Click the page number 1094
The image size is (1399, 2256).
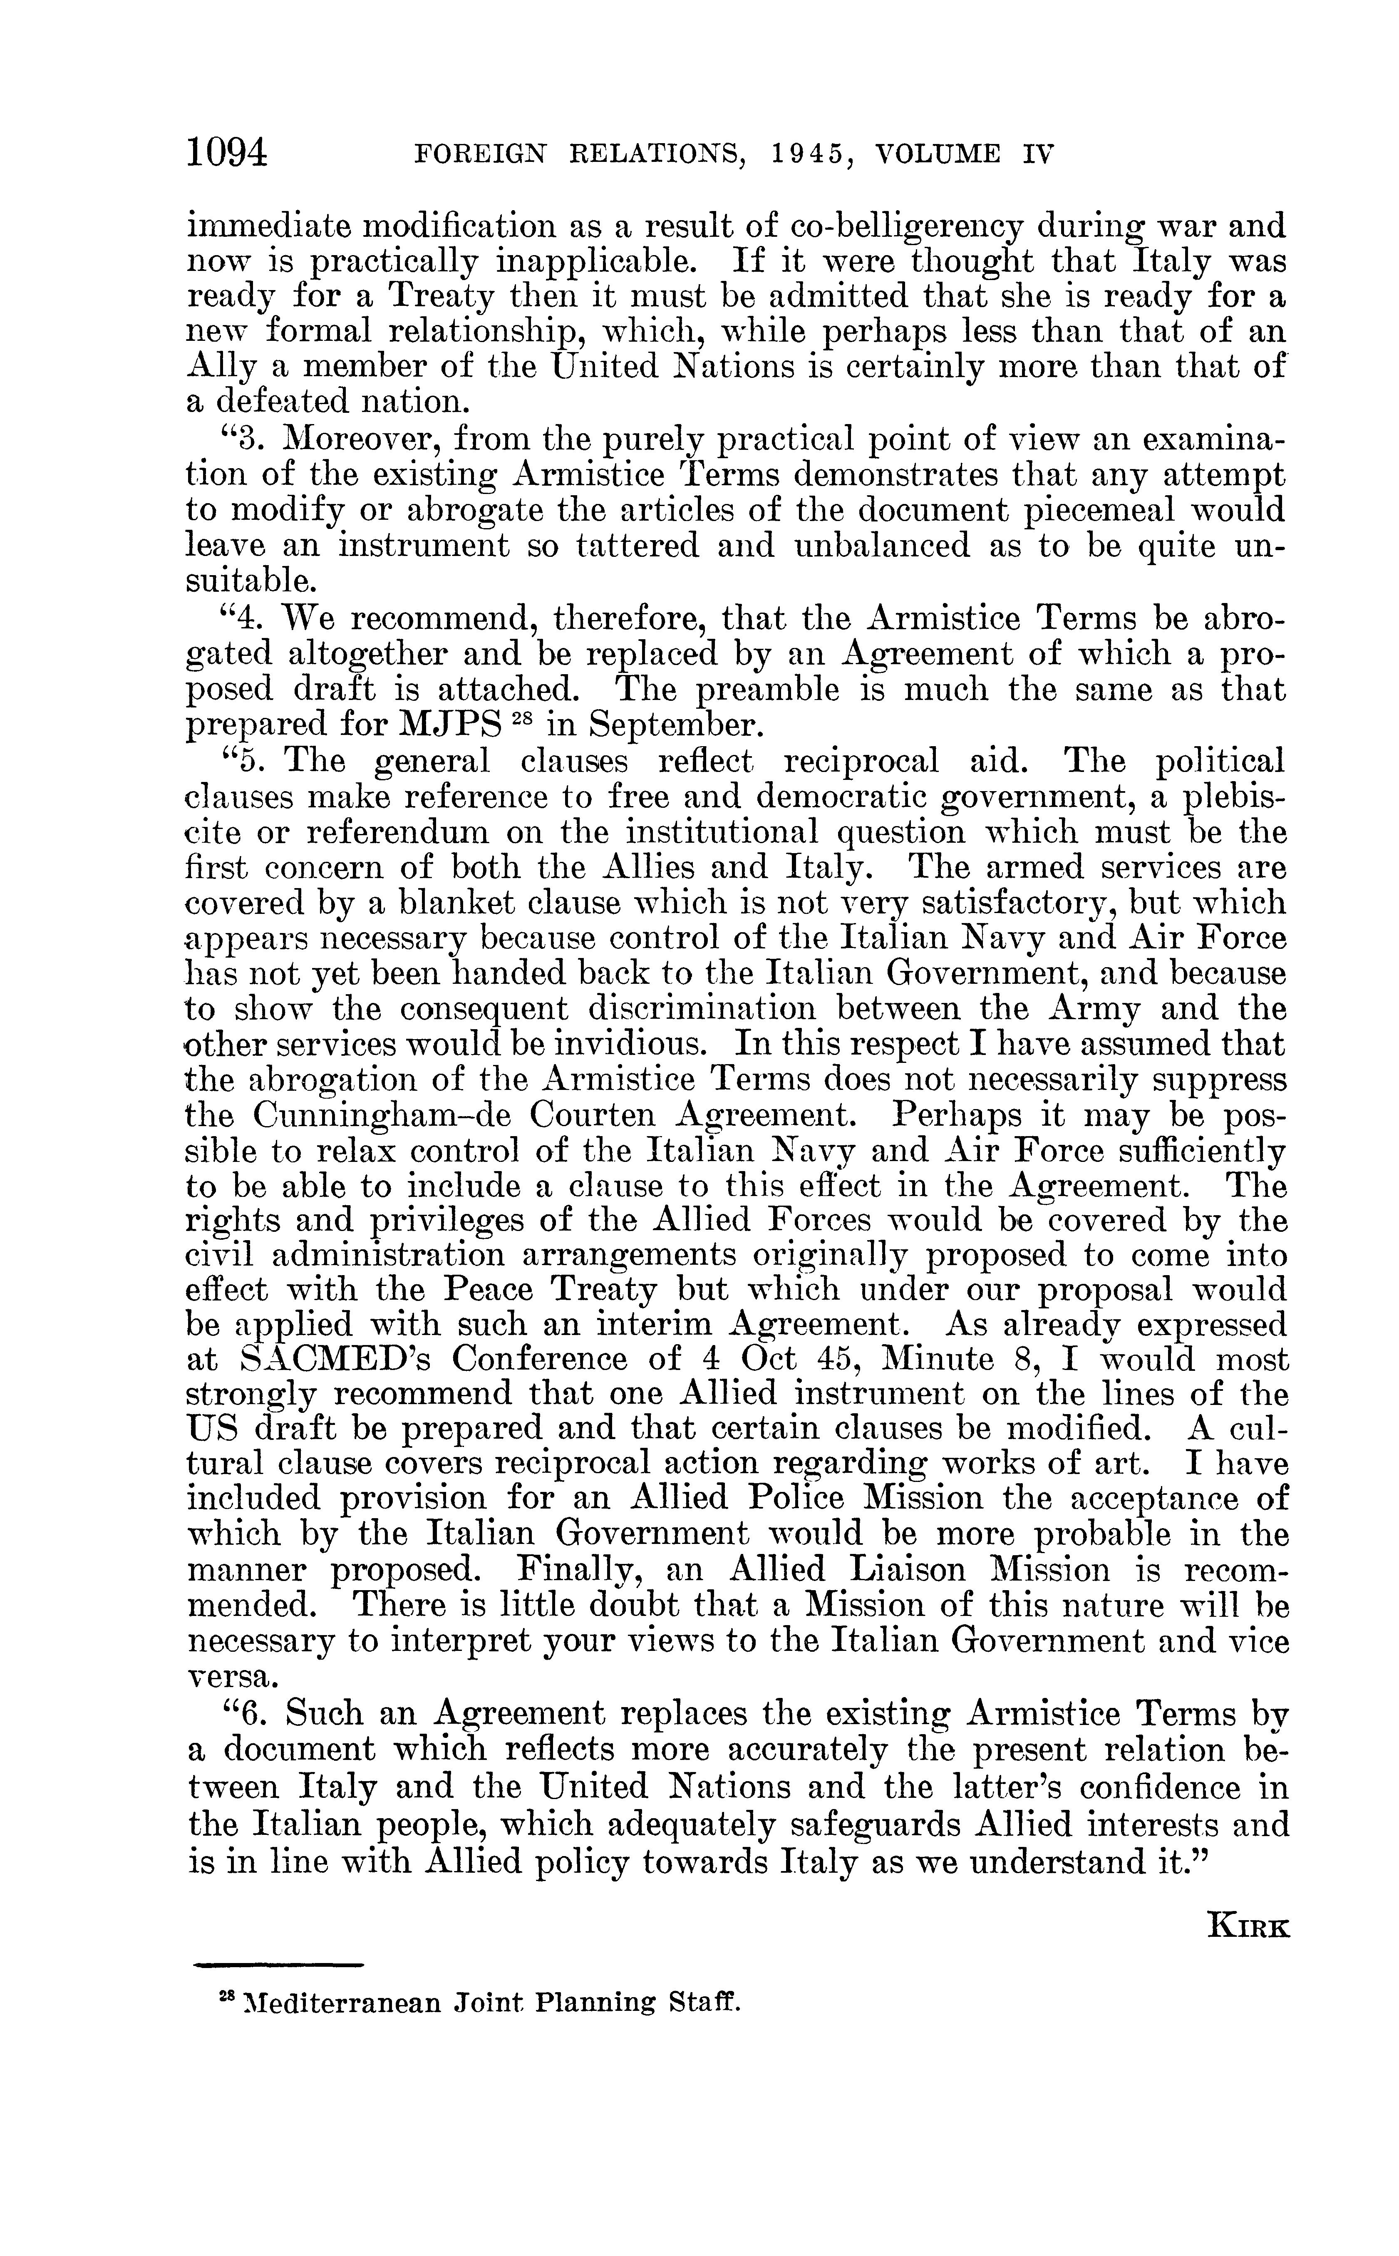pyautogui.click(x=227, y=151)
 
